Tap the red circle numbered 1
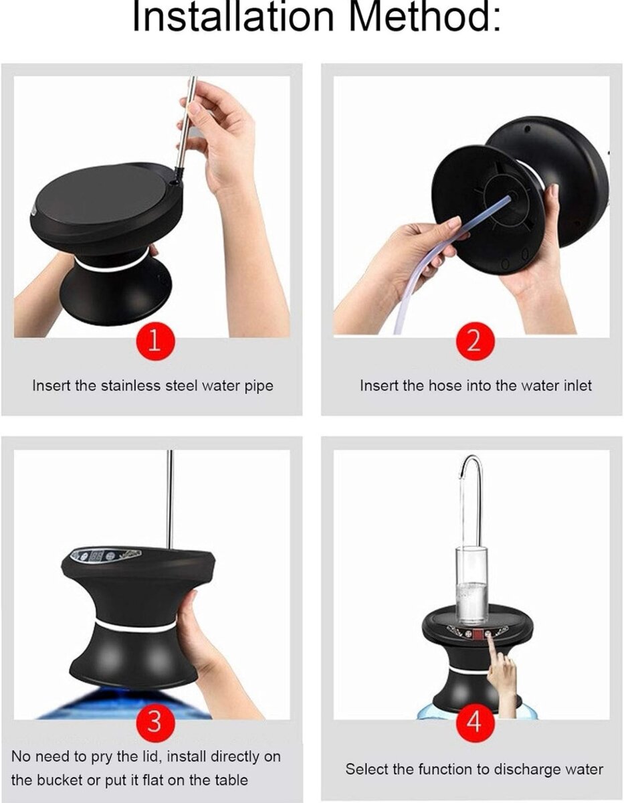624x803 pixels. click(154, 342)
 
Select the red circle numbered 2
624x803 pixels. click(473, 342)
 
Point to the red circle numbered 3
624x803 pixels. click(154, 722)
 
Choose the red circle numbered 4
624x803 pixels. click(473, 722)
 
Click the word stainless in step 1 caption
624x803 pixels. click(129, 386)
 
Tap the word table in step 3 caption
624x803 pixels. click(231, 780)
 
